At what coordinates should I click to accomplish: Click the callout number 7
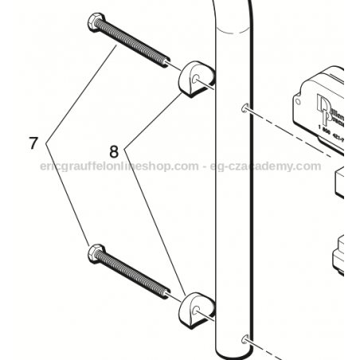click(33, 144)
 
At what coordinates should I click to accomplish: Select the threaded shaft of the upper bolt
click(135, 42)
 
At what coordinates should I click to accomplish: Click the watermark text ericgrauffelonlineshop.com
click(119, 166)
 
